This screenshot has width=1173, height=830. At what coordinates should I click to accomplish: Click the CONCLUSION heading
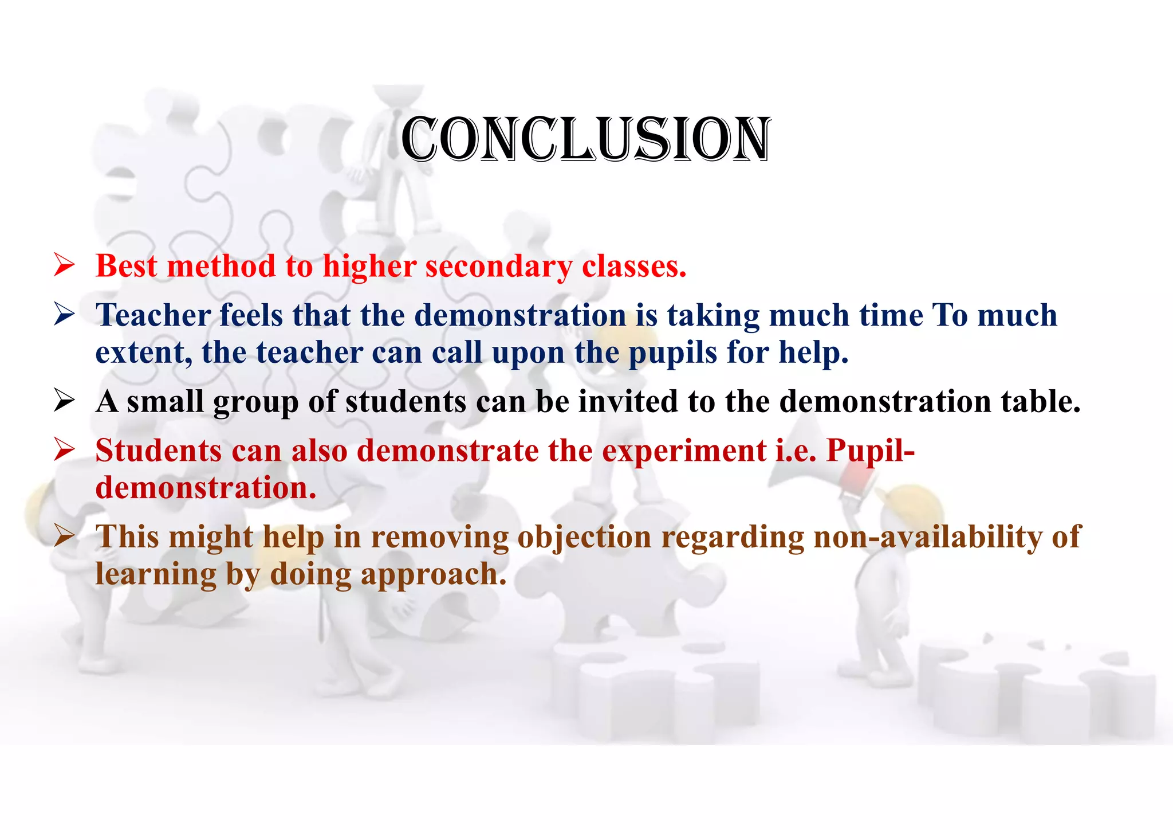(585, 139)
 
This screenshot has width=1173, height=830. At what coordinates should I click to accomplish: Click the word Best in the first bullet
(126, 267)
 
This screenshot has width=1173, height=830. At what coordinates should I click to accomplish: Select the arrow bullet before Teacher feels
(64, 315)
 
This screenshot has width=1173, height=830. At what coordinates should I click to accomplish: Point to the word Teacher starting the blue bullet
(153, 315)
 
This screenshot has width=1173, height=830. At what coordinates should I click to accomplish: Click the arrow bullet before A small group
(64, 401)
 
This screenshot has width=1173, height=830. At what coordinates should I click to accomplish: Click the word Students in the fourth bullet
(158, 451)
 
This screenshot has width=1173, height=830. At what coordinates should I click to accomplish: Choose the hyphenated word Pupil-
(870, 451)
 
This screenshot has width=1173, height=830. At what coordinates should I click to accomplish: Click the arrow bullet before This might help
(64, 537)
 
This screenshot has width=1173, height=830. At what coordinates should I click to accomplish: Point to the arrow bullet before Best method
(64, 266)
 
